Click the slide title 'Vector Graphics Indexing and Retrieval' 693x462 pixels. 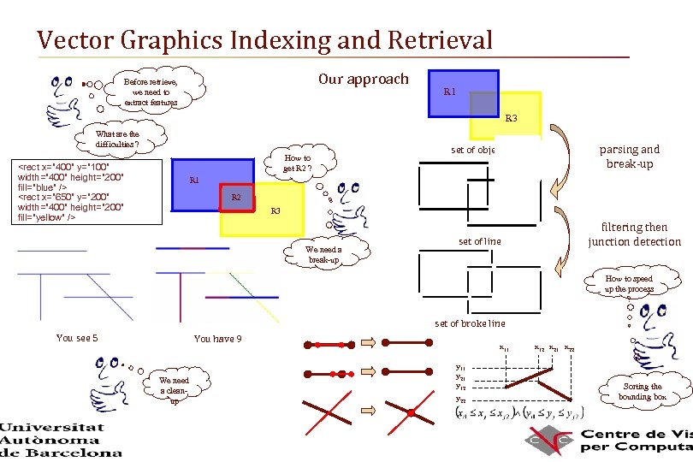(x=265, y=40)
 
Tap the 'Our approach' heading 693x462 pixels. (x=364, y=79)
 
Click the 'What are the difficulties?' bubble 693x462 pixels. (x=117, y=139)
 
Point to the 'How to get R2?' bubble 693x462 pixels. (x=297, y=163)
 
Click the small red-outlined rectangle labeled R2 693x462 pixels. (x=237, y=198)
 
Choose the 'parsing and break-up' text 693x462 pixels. (x=630, y=157)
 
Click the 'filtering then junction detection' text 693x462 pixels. (x=634, y=234)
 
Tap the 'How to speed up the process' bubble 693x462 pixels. (x=629, y=284)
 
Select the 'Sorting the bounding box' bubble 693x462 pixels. (x=642, y=392)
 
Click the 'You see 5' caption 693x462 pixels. (x=77, y=338)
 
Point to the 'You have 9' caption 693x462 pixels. (x=217, y=339)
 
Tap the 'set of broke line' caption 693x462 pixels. (x=470, y=323)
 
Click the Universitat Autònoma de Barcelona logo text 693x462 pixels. (x=61, y=440)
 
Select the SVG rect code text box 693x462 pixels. (x=82, y=192)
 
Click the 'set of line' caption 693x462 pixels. (x=479, y=242)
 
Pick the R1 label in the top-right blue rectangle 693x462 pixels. (x=450, y=92)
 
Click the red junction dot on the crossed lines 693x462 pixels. (x=411, y=413)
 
